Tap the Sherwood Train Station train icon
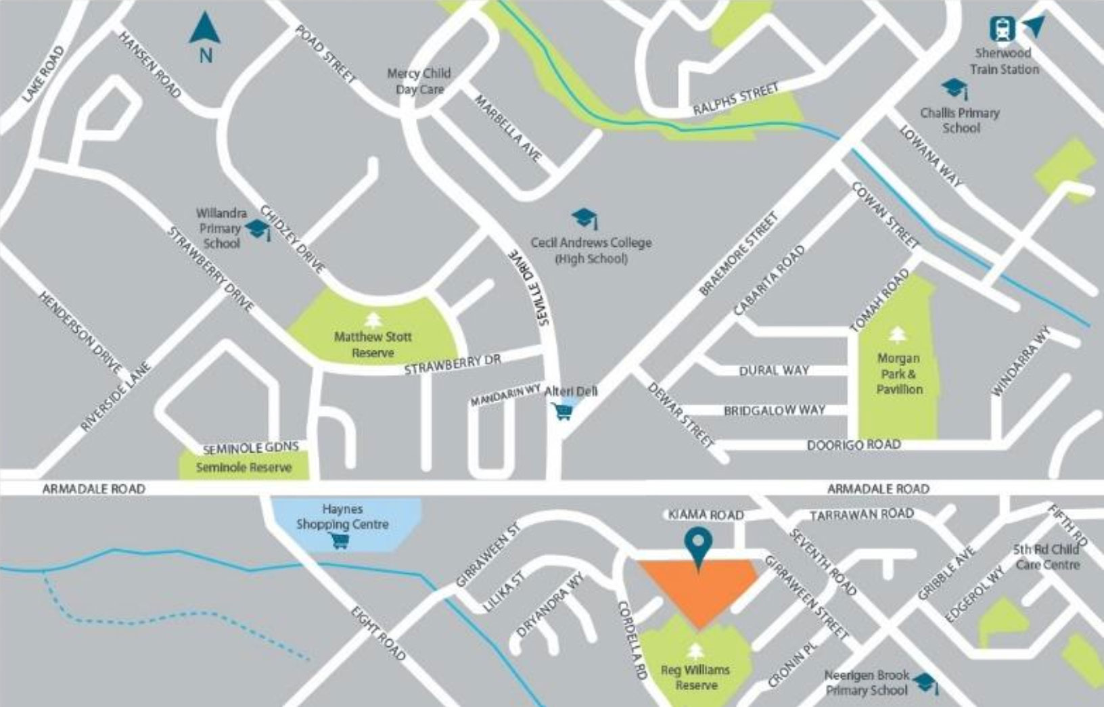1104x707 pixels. pyautogui.click(x=1002, y=29)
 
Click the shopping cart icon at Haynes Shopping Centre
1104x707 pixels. pyautogui.click(x=340, y=540)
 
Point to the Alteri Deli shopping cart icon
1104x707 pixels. pyautogui.click(x=563, y=411)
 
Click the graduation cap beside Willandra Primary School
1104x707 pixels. pyautogui.click(x=258, y=230)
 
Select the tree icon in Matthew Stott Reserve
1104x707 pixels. pyautogui.click(x=372, y=319)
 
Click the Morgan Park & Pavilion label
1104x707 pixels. pyautogui.click(x=898, y=373)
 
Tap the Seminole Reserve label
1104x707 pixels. pyautogui.click(x=244, y=467)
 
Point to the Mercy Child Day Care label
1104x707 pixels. pyautogui.click(x=419, y=81)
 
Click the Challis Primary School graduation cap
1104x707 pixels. pyautogui.click(x=954, y=88)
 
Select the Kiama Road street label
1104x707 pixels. pyautogui.click(x=706, y=515)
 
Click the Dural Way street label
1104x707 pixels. pyautogui.click(x=774, y=371)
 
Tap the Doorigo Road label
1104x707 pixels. pyautogui.click(x=854, y=445)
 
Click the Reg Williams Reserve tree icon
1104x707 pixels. pyautogui.click(x=695, y=652)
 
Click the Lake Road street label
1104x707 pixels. pyautogui.click(x=43, y=74)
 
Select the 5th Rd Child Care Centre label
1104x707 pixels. pyautogui.click(x=1046, y=557)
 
